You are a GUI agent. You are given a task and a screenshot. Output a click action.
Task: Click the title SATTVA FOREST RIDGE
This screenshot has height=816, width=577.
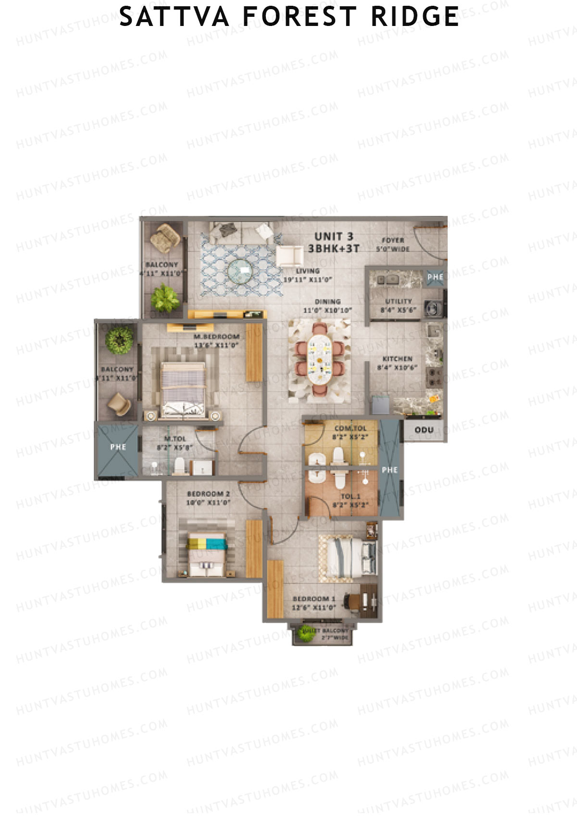coord(288,17)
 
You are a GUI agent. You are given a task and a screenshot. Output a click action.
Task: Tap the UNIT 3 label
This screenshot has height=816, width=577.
coord(334,237)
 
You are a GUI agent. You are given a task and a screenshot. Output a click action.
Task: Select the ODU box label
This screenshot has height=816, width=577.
coord(424,430)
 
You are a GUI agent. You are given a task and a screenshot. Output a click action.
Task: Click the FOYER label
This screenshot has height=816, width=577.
coord(393,240)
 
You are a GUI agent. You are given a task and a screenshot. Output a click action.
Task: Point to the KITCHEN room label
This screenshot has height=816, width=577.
coord(397,359)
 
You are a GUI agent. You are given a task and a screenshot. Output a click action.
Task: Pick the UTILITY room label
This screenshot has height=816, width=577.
coord(398,301)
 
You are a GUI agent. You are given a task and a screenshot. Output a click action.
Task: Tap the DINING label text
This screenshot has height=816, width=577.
coord(328,302)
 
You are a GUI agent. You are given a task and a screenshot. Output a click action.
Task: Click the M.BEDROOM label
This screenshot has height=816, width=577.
coord(216,337)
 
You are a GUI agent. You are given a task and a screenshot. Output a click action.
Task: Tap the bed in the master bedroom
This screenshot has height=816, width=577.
coord(183,389)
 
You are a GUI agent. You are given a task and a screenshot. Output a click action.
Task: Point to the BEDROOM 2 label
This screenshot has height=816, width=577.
coord(208,494)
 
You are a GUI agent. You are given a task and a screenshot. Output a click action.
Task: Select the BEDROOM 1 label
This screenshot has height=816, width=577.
coord(314,599)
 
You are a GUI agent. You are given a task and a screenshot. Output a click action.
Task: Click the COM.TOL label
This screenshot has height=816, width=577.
coord(350,428)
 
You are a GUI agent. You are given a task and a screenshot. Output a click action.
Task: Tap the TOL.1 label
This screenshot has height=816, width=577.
coord(350,497)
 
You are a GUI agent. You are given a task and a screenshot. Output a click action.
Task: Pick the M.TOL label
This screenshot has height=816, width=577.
coord(175,439)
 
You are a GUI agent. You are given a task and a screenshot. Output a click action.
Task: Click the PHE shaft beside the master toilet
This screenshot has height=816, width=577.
coord(118,447)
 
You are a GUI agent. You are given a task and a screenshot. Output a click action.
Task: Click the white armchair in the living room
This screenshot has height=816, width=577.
coord(288,255)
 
